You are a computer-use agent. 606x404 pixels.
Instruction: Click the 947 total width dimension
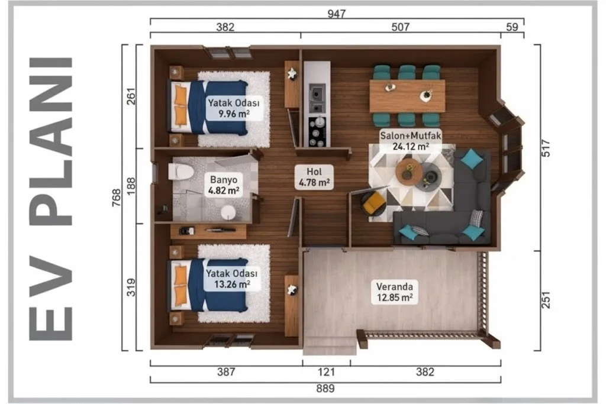pos(336,14)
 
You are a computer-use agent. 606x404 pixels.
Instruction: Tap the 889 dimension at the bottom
pos(325,388)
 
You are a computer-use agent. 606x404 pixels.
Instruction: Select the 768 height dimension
pos(117,198)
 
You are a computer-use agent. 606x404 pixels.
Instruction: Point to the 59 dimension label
pos(512,27)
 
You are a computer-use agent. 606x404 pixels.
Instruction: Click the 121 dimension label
pos(326,372)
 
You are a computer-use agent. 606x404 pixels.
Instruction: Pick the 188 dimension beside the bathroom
pos(131,186)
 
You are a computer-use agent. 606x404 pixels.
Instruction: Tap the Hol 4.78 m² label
pos(314,177)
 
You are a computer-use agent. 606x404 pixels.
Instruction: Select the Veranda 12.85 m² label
pos(395,292)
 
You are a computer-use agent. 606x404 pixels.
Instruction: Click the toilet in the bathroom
pos(180,172)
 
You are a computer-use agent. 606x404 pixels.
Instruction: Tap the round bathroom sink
pos(228,212)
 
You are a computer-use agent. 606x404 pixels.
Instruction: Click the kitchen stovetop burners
pos(318,132)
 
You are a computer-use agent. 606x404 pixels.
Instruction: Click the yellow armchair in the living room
pos(373,203)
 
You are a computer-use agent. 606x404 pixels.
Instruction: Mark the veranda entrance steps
pos(329,345)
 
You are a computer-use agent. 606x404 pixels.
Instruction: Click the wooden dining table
pos(407,96)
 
